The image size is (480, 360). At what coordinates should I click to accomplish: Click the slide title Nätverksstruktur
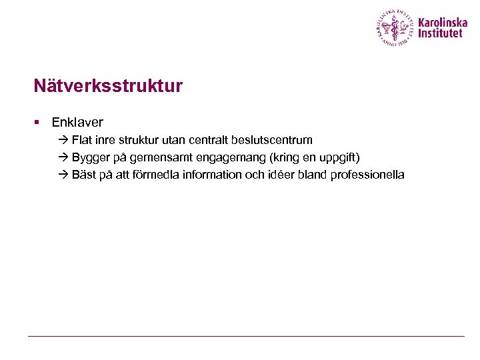point(108,87)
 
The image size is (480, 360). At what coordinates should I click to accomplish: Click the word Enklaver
point(77,123)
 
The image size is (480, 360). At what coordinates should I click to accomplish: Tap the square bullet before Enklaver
point(38,123)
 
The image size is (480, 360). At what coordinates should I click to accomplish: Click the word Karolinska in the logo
point(443,22)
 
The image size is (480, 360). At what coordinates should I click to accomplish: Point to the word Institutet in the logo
point(439,33)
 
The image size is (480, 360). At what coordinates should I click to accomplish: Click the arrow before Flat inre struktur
point(63,140)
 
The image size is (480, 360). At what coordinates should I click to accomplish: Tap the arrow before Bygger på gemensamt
point(63,157)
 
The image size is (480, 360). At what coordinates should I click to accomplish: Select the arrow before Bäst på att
point(63,175)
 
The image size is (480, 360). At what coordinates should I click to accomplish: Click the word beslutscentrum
point(273,140)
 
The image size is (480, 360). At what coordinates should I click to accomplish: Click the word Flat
point(82,140)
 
